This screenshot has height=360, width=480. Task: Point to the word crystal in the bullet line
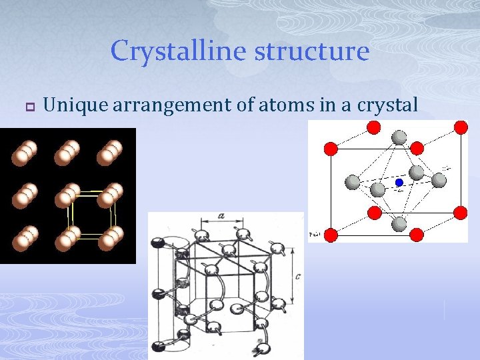387,105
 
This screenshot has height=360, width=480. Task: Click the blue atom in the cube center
399,182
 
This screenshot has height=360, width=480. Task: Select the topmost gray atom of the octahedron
399,138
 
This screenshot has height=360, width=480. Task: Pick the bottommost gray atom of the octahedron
398,223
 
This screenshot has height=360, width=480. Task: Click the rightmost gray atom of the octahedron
439,180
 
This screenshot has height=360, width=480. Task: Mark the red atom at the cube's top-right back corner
460,127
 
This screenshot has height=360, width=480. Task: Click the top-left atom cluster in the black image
25,154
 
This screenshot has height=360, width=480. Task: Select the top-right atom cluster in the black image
109,153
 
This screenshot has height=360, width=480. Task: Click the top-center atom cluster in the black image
67,153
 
